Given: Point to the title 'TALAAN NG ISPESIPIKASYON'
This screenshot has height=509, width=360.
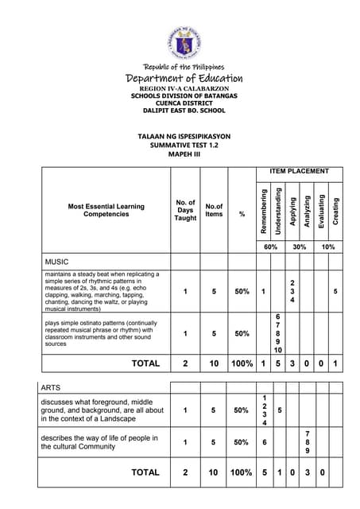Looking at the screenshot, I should pos(180,137).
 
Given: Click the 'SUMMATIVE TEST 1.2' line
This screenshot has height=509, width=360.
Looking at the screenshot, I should pos(180,146).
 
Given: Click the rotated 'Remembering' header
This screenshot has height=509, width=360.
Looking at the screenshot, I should pos(263,210).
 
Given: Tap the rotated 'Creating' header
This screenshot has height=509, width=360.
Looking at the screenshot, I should pos(335,210).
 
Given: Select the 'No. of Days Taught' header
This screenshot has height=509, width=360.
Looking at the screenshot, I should pos(185,211).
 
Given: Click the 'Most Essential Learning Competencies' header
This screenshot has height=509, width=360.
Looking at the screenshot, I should pos(106,210).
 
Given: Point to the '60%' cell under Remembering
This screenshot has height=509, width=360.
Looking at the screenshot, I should pos(270,247).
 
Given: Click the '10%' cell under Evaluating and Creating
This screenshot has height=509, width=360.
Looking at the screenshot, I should pos(327,247).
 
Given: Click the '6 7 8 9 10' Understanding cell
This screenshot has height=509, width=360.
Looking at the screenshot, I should pos(277,333).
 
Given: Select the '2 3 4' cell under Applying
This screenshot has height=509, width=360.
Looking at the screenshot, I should pos(292,292).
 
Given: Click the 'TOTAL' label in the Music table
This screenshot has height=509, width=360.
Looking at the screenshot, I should pos(145,363).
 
